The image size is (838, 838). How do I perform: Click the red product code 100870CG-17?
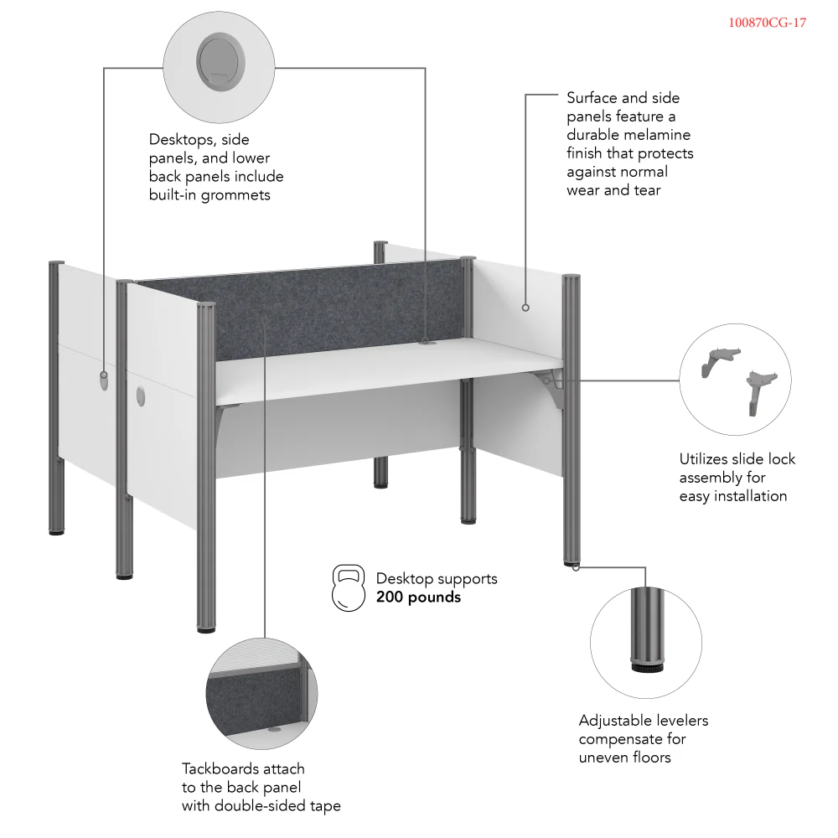click(767, 23)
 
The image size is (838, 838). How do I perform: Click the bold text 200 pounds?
click(418, 597)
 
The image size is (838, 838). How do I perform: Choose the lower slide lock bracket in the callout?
click(762, 388)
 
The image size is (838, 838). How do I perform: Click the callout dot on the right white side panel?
click(525, 308)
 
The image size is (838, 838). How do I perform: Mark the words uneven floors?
click(625, 758)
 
